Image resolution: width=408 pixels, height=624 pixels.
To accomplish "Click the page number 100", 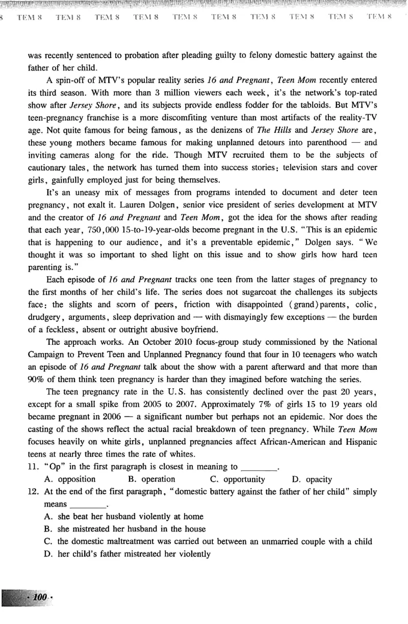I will tap(39, 597).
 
